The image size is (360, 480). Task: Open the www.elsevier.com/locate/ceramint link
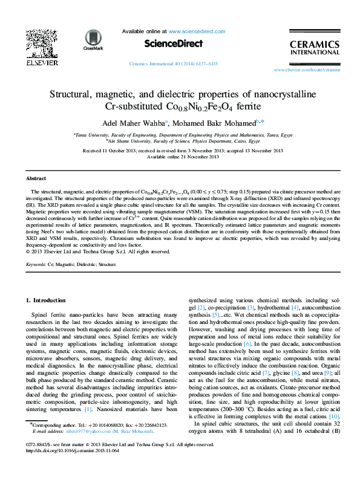coord(307,70)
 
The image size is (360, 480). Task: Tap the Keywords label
coord(37,264)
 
